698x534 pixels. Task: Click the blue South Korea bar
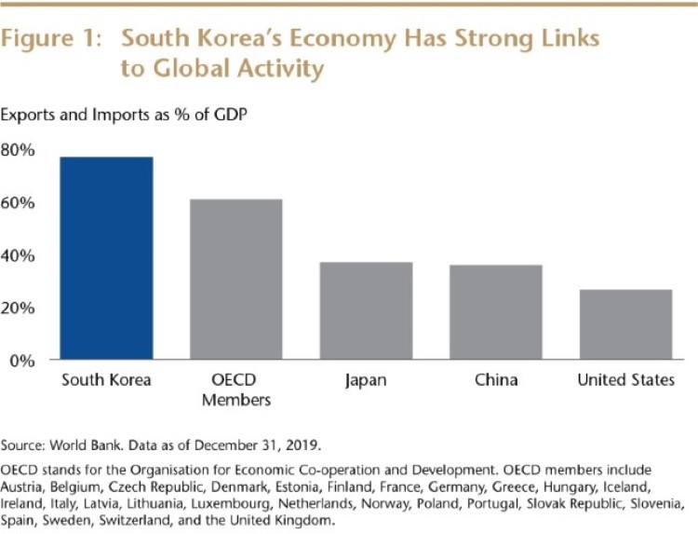pos(106,258)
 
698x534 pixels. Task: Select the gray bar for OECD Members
pos(235,279)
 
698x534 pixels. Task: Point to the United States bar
pos(624,324)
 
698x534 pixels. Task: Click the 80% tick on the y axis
pos(19,150)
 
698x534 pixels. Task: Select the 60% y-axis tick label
pos(19,202)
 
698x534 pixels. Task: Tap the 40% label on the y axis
pos(19,254)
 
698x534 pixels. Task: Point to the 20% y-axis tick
pos(19,307)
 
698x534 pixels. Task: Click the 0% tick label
pos(22,359)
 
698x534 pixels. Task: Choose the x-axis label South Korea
pos(106,380)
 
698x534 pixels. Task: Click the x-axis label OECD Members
pos(235,390)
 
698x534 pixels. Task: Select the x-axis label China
pos(495,380)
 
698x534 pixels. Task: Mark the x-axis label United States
pos(624,380)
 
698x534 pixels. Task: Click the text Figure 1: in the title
pos(54,40)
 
